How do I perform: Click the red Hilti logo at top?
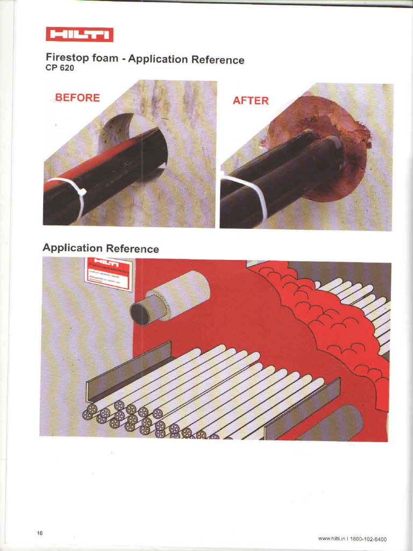pyautogui.click(x=79, y=35)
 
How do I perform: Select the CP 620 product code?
pyautogui.click(x=56, y=69)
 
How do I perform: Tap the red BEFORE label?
pyautogui.click(x=77, y=97)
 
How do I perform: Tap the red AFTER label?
pyautogui.click(x=251, y=101)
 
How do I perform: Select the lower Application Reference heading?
pyautogui.click(x=101, y=248)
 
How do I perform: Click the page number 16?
pyautogui.click(x=40, y=533)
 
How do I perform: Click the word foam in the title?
pyautogui.click(x=105, y=58)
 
